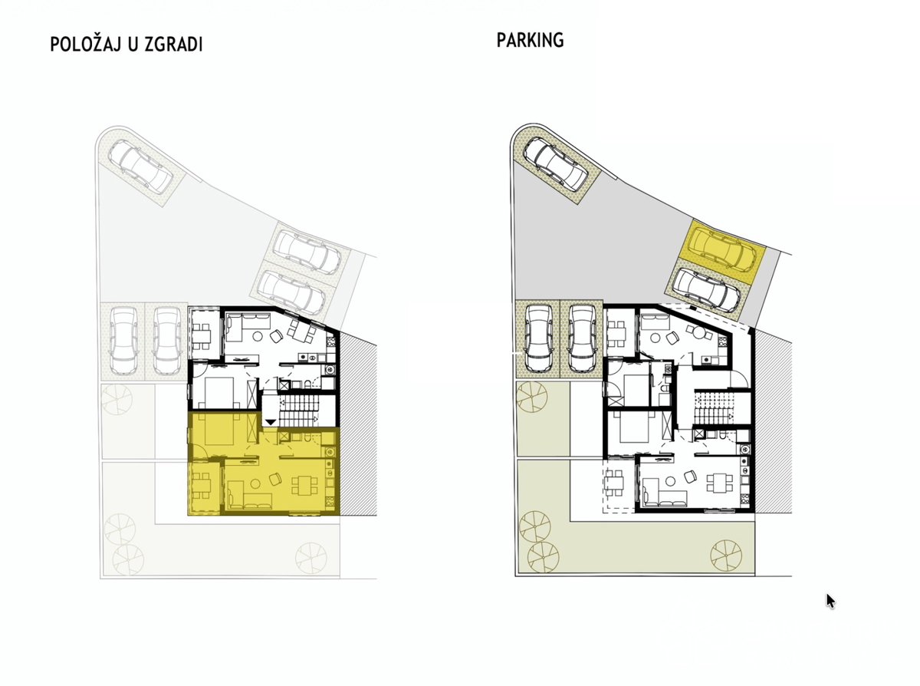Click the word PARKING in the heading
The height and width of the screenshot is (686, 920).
click(530, 40)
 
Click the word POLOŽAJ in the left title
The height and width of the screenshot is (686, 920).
click(85, 44)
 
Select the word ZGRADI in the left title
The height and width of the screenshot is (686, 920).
click(173, 45)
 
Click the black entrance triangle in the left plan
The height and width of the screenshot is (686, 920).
click(271, 422)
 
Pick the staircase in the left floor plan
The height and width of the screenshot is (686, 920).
click(298, 411)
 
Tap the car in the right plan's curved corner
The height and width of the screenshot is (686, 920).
click(555, 164)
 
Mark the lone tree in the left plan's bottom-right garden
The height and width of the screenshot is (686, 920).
click(311, 558)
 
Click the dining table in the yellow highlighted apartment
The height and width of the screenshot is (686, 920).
click(305, 485)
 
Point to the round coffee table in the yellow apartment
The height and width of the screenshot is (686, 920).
click(255, 483)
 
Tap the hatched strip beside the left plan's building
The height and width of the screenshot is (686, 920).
click(358, 426)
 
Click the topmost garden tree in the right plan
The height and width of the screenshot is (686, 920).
click(531, 397)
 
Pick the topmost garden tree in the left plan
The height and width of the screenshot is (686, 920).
click(117, 400)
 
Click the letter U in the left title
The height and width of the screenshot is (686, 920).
click(133, 45)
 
